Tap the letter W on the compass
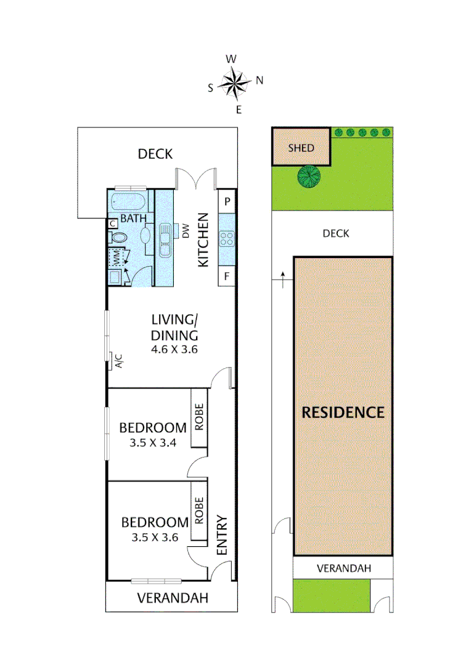(x=231, y=59)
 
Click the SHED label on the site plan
(x=301, y=148)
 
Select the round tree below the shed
(x=309, y=177)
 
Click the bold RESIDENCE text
(x=342, y=412)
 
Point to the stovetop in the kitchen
(x=226, y=239)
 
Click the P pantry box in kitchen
(x=227, y=201)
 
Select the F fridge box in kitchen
(x=227, y=276)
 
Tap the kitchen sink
(x=165, y=241)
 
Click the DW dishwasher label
(x=185, y=231)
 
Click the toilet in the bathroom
(x=120, y=237)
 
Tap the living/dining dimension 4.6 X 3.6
(x=175, y=349)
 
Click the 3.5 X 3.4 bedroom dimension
(x=153, y=441)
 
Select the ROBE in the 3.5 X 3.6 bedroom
(x=199, y=510)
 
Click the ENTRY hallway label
(x=223, y=536)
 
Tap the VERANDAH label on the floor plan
(x=172, y=597)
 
